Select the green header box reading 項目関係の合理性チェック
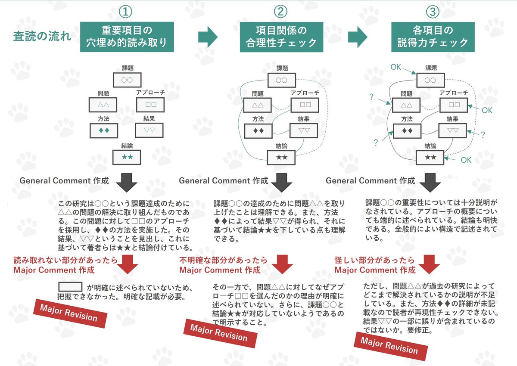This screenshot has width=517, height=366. [x=281, y=37]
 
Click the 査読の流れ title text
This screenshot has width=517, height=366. [x=42, y=37]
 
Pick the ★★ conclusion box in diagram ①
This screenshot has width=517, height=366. [x=127, y=157]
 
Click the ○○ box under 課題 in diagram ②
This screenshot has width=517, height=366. [x=281, y=80]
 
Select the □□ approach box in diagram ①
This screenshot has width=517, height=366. [x=150, y=105]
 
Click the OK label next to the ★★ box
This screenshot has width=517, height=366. [x=466, y=160]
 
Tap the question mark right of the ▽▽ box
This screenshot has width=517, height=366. [x=483, y=135]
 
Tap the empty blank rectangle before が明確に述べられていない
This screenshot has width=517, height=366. [x=70, y=287]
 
